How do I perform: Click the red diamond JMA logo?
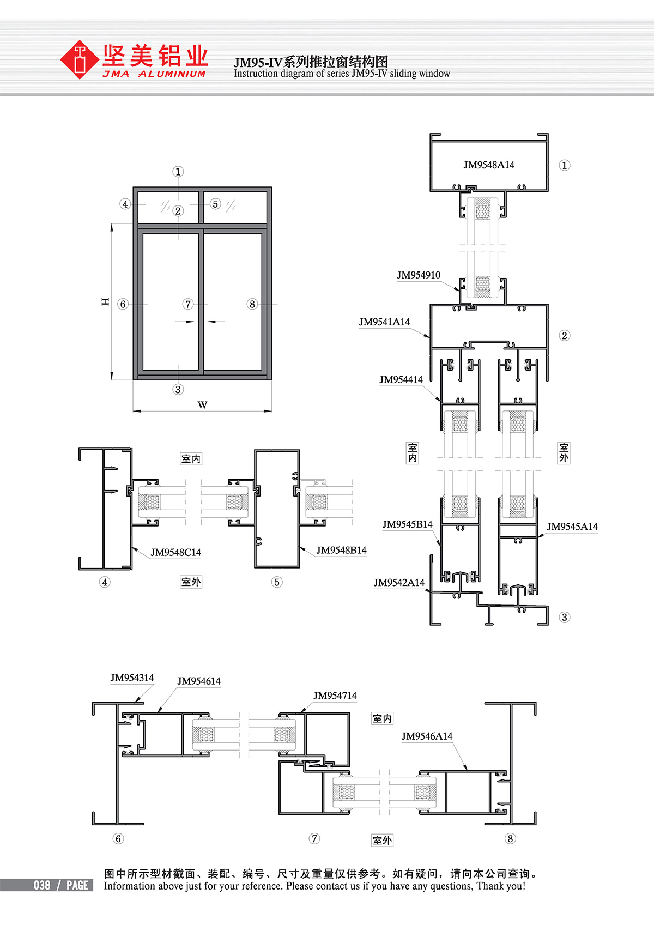[x=79, y=59]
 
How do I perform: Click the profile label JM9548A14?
[x=489, y=165]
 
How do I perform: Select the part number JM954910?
[x=419, y=275]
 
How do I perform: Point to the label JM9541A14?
[x=384, y=322]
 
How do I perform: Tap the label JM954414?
[x=401, y=380]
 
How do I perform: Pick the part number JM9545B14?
[x=407, y=524]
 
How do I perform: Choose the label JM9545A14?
[x=572, y=527]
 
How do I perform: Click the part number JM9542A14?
[x=399, y=583]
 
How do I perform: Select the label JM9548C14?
[x=175, y=553]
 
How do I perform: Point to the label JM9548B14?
[x=342, y=550]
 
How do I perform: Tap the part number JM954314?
[x=132, y=678]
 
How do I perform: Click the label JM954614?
[x=199, y=681]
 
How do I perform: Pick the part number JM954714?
[x=335, y=696]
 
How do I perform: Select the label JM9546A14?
[x=427, y=736]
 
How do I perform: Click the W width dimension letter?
[x=202, y=405]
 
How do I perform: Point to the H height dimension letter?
[x=105, y=301]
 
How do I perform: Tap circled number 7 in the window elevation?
[x=188, y=304]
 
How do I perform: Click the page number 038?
[x=42, y=885]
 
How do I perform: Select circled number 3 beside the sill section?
[x=565, y=618]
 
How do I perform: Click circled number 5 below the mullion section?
[x=277, y=582]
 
